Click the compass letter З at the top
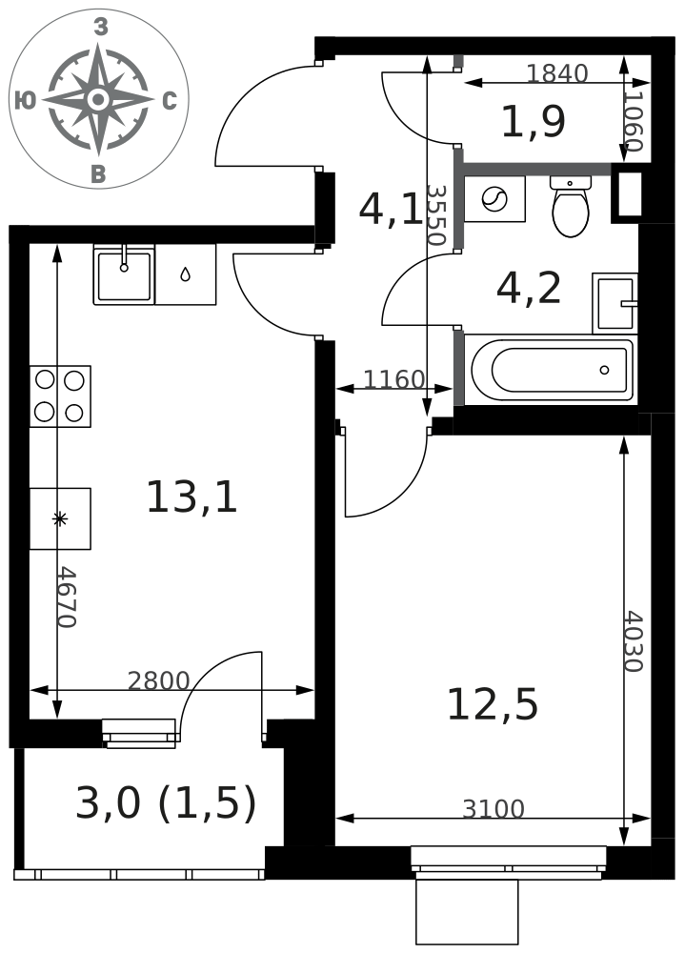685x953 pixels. click(101, 28)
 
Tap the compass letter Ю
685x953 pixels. click(25, 100)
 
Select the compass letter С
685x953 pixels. click(170, 101)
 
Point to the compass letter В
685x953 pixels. click(98, 174)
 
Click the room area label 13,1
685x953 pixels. click(191, 497)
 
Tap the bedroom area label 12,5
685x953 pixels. click(493, 705)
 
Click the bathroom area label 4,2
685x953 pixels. click(529, 288)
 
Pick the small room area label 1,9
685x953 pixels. click(534, 122)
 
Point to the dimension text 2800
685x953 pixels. click(159, 680)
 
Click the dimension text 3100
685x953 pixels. click(493, 809)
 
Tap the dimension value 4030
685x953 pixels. click(634, 641)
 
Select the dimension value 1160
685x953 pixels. click(393, 380)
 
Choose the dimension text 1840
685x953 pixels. click(556, 73)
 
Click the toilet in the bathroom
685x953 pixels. click(571, 206)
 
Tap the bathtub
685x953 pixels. click(552, 370)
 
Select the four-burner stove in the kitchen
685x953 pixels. click(60, 396)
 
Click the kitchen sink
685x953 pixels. click(124, 274)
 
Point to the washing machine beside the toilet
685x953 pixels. click(494, 199)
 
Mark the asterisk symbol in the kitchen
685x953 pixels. click(60, 518)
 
